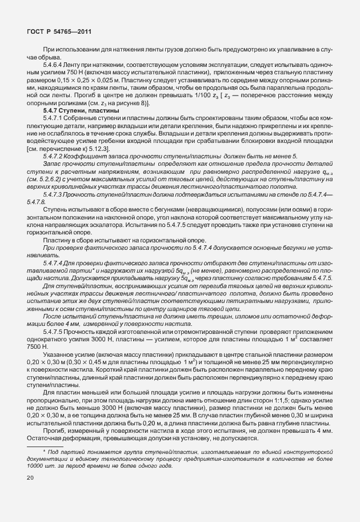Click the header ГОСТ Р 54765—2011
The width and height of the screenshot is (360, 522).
(x=60, y=32)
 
